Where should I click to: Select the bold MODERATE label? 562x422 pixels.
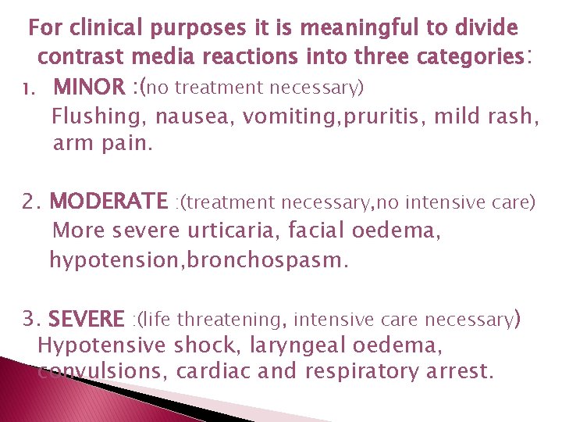coord(108,202)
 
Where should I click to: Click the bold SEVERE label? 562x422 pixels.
coord(86,319)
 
